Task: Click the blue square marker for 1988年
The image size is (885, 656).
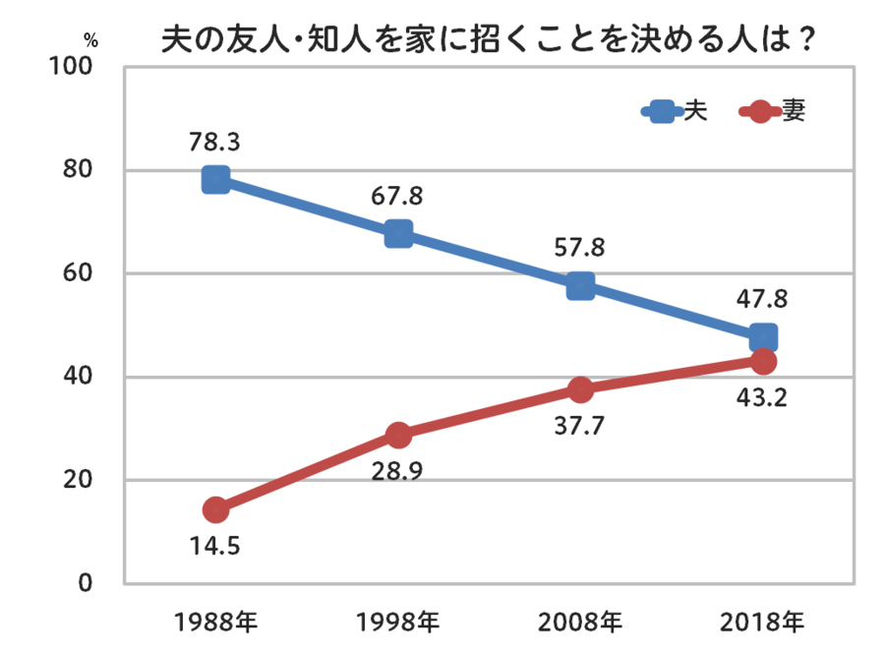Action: [216, 180]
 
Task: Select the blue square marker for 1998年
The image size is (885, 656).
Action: [398, 233]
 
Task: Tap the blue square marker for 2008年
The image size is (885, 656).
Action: [580, 286]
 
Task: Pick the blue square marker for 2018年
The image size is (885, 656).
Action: [763, 337]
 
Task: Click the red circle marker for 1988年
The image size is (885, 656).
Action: [216, 509]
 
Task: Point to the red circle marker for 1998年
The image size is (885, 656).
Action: [398, 435]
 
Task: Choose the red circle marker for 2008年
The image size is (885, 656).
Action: [580, 389]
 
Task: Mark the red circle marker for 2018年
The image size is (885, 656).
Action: [763, 361]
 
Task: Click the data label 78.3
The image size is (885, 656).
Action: [215, 143]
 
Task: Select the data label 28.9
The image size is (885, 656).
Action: [397, 470]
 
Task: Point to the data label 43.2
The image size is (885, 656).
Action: [762, 399]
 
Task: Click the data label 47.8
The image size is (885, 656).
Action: [762, 299]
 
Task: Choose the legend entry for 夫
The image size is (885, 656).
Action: [678, 111]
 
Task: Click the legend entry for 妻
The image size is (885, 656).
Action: [777, 111]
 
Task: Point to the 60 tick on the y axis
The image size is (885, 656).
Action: [79, 273]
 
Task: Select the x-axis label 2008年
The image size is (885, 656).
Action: [580, 622]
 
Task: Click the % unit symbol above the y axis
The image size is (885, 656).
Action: [90, 41]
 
